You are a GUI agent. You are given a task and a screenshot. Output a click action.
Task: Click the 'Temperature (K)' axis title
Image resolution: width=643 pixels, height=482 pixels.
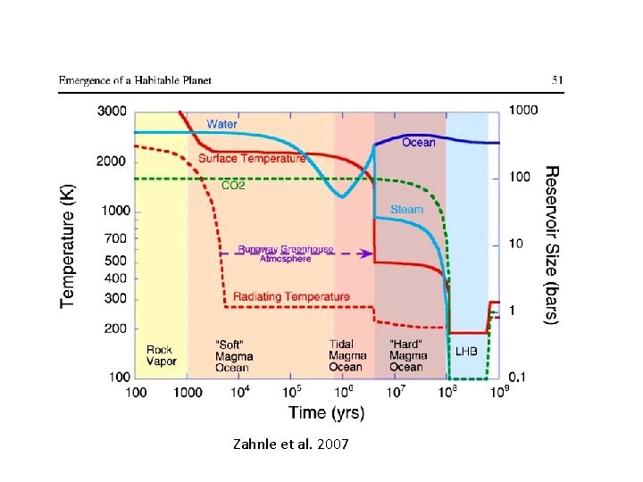coord(69,246)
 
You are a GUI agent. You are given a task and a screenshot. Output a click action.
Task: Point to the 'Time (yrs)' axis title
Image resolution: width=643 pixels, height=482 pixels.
coord(325,412)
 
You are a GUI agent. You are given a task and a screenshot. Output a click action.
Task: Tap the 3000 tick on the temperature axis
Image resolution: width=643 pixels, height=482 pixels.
coord(112,111)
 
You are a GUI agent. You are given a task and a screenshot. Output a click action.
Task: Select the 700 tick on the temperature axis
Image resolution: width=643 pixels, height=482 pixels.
coord(116,238)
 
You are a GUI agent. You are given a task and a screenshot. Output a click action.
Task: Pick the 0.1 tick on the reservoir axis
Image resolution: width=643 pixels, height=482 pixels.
coord(518,378)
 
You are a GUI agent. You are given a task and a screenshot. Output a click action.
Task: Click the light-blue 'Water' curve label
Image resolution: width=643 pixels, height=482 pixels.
coord(222,124)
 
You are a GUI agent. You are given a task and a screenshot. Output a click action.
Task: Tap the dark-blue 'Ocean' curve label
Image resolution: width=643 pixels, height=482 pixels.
coord(419,143)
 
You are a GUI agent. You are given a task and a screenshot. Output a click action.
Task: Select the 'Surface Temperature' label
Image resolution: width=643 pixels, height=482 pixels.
coord(251,158)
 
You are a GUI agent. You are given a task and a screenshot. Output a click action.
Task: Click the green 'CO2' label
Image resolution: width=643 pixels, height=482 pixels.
coord(232,187)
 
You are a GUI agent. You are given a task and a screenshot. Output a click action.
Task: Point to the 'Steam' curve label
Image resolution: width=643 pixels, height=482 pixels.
coord(406,210)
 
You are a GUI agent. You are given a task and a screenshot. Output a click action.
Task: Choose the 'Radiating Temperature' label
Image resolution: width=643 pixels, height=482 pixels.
coord(291,296)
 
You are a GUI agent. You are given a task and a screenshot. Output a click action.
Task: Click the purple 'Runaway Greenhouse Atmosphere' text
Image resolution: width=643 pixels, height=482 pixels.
coord(273,253)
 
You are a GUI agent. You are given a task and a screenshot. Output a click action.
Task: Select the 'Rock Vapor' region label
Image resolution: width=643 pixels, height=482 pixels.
coord(160,356)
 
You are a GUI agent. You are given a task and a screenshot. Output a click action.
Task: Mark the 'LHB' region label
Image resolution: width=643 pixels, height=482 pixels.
coord(467,352)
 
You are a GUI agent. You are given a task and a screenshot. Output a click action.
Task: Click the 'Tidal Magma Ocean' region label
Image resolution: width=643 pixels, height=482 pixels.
coord(347,355)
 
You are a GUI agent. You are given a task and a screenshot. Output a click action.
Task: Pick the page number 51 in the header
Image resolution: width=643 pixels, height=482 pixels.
coord(557,80)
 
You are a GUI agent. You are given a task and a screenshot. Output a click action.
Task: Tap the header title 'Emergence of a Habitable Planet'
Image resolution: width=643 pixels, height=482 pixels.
coord(136,80)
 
